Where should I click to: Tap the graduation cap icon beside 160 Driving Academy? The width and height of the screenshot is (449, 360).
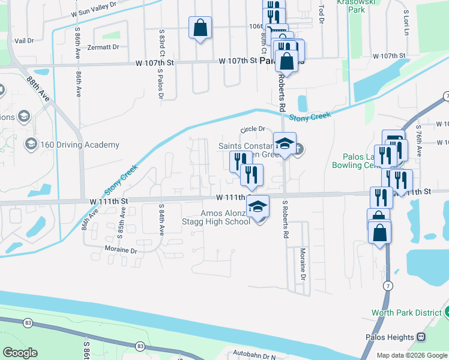31,145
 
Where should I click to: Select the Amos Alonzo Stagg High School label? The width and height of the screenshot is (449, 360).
216,217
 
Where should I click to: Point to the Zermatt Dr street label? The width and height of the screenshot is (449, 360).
103,47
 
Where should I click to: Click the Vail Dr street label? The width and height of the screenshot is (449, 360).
24,41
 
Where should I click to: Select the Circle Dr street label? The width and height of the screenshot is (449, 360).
252,129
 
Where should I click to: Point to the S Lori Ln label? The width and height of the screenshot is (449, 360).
406,22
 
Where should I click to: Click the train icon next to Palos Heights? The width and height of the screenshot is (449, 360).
421,337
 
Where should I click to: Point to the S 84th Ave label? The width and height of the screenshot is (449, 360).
161,219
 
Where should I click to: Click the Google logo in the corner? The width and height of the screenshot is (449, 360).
20,353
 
